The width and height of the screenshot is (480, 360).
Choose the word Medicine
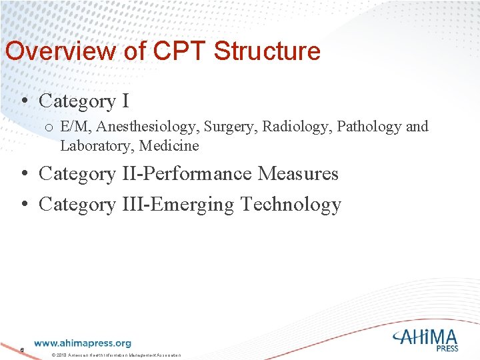click(x=169, y=145)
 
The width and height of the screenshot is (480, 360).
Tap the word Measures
click(x=298, y=174)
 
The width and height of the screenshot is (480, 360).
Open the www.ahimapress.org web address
click(x=83, y=343)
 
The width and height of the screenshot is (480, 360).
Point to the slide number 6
click(x=22, y=349)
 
